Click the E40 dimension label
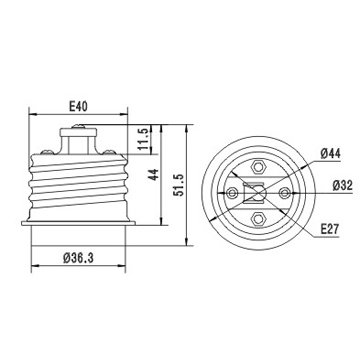78,107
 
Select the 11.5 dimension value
143,139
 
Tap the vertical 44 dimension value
153,175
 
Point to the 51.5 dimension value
178,185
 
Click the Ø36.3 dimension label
78,258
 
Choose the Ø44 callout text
330,154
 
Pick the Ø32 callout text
342,185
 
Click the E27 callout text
330,229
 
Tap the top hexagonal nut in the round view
258,167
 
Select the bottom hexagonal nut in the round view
258,219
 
